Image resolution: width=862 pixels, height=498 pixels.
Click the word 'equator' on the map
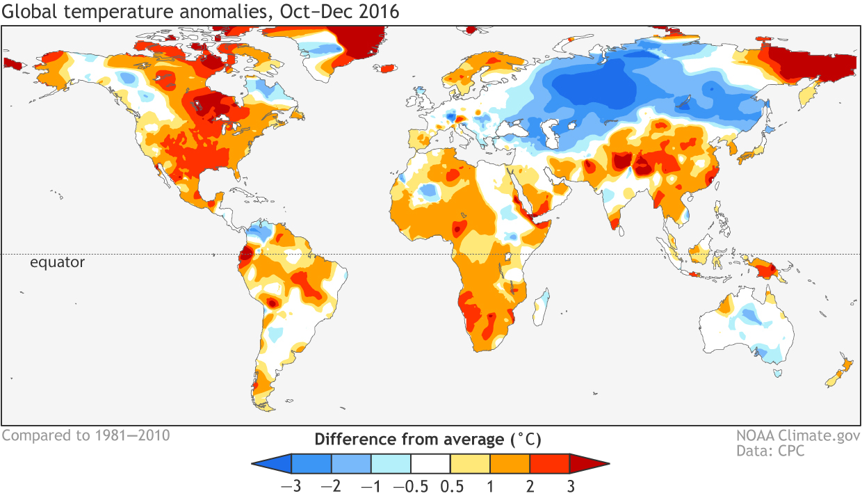click(57, 262)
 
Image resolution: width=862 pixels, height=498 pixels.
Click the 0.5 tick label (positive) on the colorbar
click(451, 486)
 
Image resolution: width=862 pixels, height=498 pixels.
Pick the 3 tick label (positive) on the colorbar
click(571, 486)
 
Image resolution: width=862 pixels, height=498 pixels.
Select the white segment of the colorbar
click(430, 463)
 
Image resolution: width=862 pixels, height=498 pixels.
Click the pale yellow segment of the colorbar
click(470, 463)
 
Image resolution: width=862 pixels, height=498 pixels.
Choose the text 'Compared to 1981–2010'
click(86, 436)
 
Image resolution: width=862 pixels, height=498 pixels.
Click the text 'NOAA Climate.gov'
click(797, 437)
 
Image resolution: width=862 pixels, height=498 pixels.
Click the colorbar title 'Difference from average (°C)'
click(428, 440)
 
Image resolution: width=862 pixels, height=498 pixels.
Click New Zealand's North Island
click(847, 364)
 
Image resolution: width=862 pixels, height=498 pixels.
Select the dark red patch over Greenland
click(360, 42)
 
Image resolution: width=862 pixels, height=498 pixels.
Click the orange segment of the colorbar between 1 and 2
click(510, 463)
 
